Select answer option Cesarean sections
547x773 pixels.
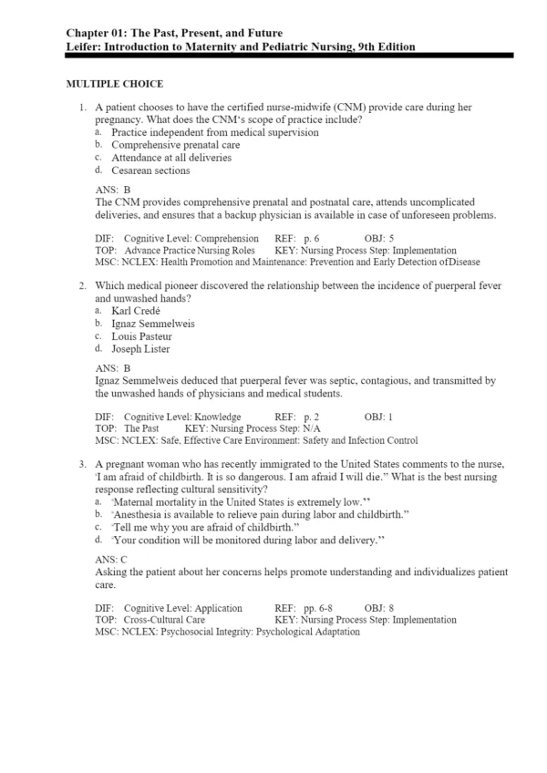[151, 170]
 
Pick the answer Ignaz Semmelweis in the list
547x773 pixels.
[153, 324]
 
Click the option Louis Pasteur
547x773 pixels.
[141, 336]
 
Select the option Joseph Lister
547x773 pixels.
[140, 349]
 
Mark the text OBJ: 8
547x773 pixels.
[378, 608]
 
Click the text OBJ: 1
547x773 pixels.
[378, 417]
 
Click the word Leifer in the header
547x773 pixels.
[85, 46]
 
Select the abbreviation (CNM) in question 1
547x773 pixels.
[342, 107]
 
